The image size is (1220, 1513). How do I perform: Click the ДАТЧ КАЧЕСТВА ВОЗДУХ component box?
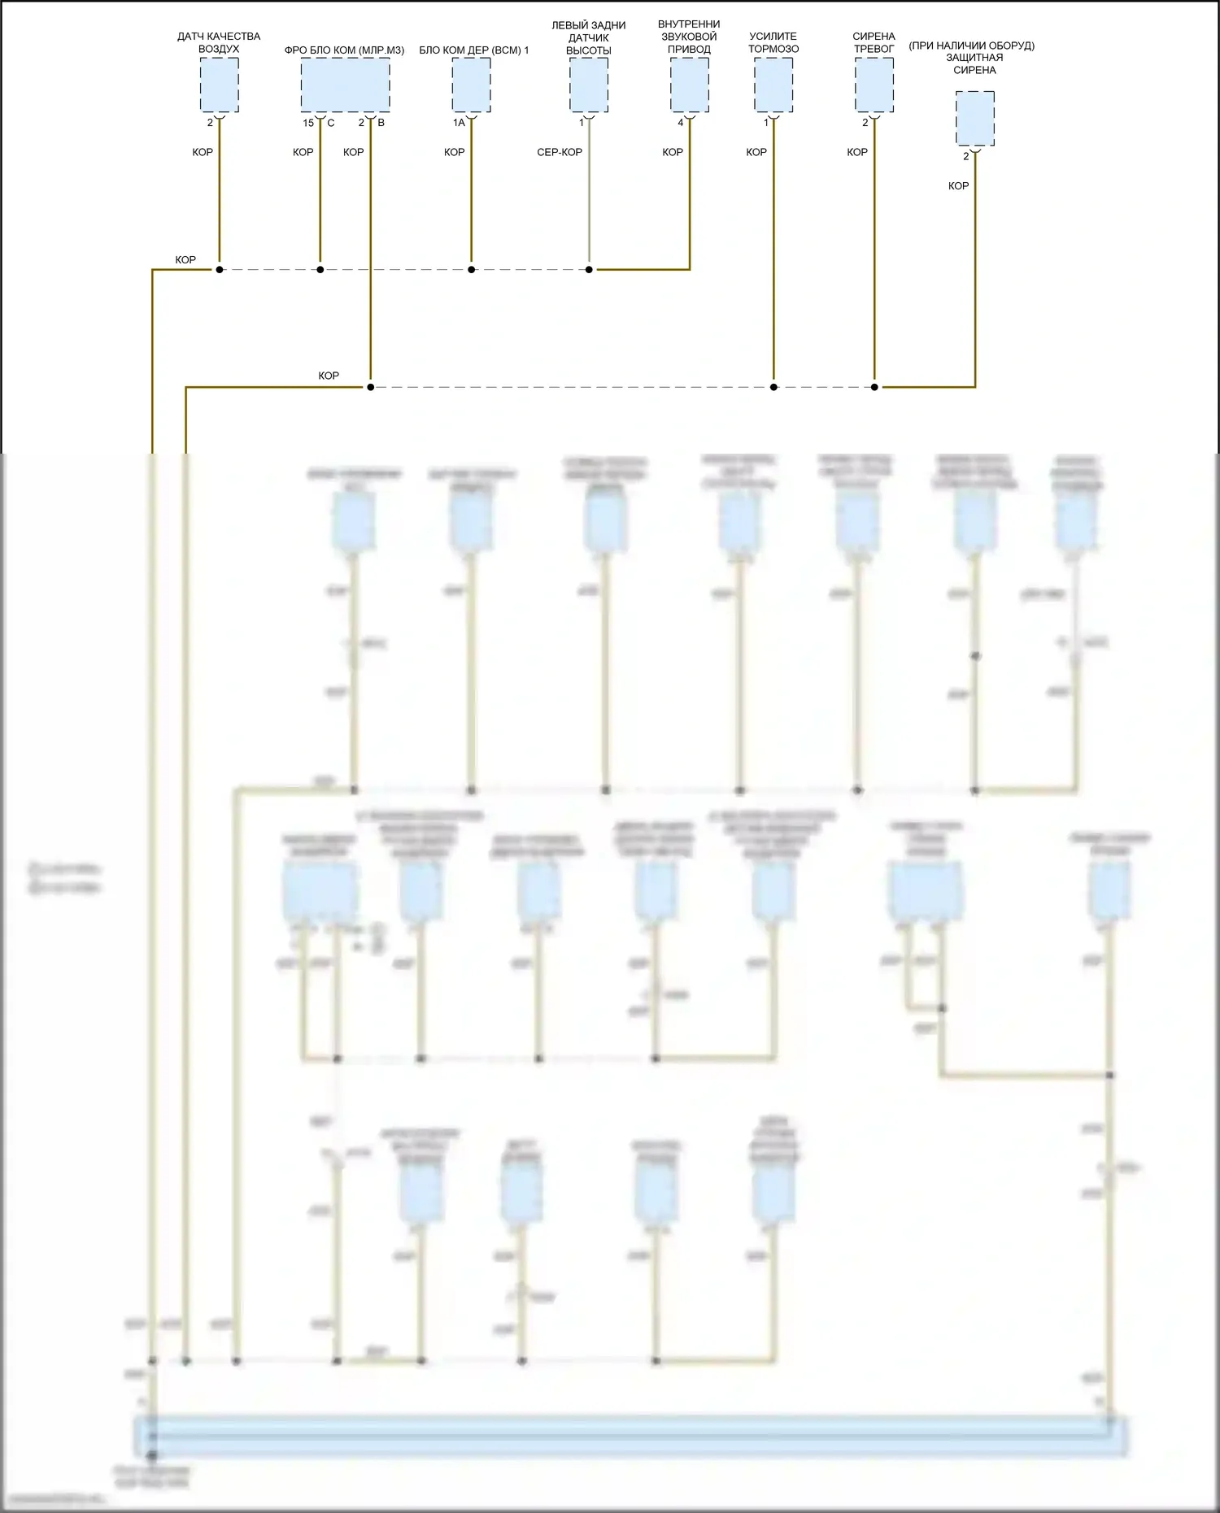point(219,85)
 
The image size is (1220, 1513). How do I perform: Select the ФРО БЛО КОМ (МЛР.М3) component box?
point(345,85)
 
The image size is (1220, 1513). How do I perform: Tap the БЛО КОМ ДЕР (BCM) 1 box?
point(471,85)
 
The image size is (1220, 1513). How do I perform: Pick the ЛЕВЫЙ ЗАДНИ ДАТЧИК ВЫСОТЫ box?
point(589,85)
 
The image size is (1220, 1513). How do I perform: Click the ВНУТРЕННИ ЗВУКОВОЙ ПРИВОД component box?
point(690,85)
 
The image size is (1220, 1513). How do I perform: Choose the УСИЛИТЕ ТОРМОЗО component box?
point(773,85)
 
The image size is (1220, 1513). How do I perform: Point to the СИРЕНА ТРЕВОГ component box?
point(874,85)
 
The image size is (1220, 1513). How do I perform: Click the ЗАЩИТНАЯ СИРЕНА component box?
point(974,119)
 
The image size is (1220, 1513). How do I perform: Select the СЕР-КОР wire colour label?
point(560,152)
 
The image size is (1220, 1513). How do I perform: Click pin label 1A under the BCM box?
point(459,123)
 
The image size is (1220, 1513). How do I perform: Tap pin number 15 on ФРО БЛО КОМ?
point(308,123)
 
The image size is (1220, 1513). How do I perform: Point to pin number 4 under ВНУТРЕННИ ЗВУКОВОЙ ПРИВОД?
point(681,123)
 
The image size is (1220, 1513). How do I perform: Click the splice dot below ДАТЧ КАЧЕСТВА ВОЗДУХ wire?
point(219,269)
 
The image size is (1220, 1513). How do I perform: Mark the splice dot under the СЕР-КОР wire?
point(589,269)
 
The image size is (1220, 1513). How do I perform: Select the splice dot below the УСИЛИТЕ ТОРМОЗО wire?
point(773,387)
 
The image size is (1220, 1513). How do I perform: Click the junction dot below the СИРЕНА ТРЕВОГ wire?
point(874,387)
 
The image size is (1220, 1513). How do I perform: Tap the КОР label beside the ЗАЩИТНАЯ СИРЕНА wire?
point(958,186)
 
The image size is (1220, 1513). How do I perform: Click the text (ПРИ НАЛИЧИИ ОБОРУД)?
point(971,46)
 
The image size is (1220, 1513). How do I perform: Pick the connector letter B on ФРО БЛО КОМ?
point(381,123)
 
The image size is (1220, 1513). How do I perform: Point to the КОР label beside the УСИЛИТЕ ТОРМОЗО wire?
point(756,152)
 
